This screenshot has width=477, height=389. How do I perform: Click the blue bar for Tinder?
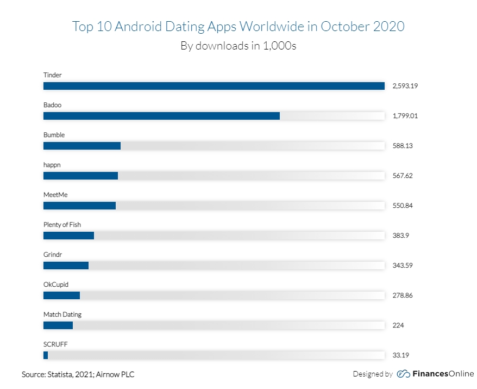pyautogui.click(x=214, y=86)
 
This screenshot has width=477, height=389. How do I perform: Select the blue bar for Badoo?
pyautogui.click(x=161, y=116)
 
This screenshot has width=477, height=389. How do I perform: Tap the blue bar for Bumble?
pyautogui.click(x=82, y=146)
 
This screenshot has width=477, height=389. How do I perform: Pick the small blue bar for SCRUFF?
pyautogui.click(x=46, y=355)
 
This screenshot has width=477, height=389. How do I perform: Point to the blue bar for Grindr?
pyautogui.click(x=66, y=265)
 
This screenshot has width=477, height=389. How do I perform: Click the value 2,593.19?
pyautogui.click(x=404, y=86)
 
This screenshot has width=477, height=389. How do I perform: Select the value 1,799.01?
pyautogui.click(x=404, y=116)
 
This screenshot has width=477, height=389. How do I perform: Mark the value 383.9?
pyautogui.click(x=400, y=236)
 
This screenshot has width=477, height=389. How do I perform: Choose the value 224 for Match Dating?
pyautogui.click(x=398, y=325)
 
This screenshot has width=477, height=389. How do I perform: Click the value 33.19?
pyautogui.click(x=400, y=355)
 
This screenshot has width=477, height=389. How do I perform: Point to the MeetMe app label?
pyautogui.click(x=55, y=194)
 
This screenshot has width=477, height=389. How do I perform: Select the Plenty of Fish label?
pyautogui.click(x=62, y=224)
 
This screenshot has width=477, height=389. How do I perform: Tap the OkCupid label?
pyautogui.click(x=56, y=284)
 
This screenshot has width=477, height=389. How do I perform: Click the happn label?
pyautogui.click(x=53, y=164)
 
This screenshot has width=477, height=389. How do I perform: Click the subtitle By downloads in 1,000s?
pyautogui.click(x=238, y=46)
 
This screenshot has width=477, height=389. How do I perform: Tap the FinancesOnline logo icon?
pyautogui.click(x=403, y=374)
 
